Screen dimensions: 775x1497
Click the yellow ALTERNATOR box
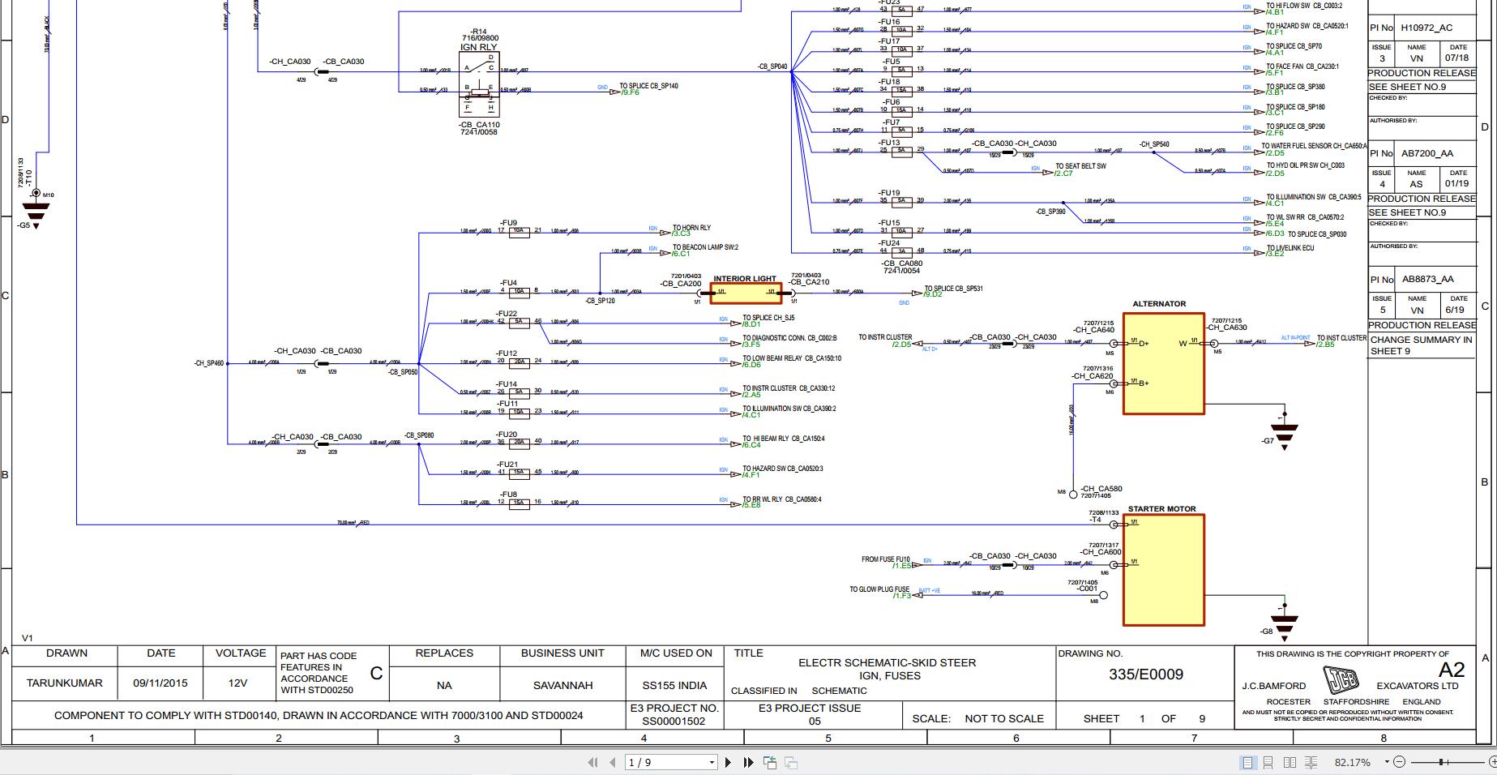point(1163,363)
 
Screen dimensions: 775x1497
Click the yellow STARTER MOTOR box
point(1163,569)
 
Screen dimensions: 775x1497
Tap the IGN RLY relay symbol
point(479,85)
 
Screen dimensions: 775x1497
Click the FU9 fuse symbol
point(520,231)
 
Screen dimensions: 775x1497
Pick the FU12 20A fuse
point(520,362)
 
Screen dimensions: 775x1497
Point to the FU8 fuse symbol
point(520,503)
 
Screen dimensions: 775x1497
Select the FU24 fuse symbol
point(901,251)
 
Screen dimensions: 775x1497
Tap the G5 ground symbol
point(36,212)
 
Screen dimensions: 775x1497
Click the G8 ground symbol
point(1284,625)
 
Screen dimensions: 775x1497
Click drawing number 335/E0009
point(1145,674)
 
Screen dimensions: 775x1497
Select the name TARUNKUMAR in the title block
point(65,683)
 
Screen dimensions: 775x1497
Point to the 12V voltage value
point(237,683)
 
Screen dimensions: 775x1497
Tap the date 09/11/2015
point(160,683)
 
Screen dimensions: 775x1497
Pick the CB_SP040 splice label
point(772,66)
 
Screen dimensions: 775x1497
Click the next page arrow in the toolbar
point(728,762)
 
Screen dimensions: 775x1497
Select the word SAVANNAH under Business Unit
point(562,685)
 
